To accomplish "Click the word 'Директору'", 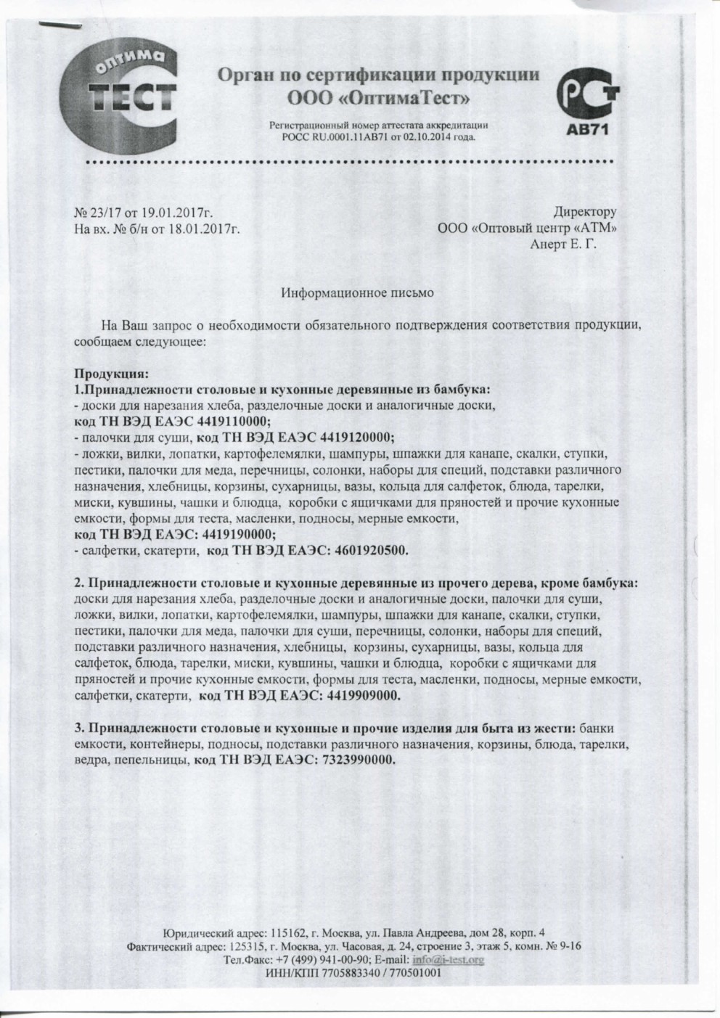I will (584, 213).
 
